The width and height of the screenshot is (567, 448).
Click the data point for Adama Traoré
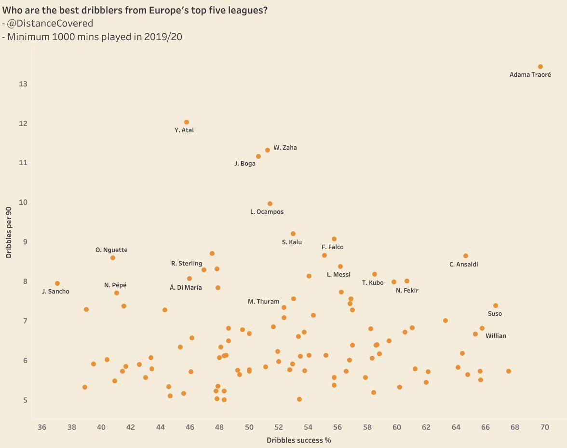pos(540,67)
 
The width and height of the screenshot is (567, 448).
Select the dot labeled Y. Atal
pos(187,122)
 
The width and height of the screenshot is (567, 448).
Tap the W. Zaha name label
pos(285,148)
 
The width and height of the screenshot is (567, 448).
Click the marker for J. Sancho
pos(57,283)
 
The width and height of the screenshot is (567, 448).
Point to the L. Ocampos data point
pos(270,204)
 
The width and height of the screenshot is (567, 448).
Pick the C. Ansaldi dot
pos(465,256)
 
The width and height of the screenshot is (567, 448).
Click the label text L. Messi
pos(338,275)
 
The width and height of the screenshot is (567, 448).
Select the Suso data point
pos(495,306)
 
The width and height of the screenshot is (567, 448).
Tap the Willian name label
pos(496,336)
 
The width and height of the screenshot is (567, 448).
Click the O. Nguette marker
pos(113,258)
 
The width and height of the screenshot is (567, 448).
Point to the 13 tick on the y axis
pos(23,84)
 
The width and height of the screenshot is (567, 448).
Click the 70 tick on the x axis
pos(544,427)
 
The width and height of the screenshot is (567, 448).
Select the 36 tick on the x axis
pos(42,427)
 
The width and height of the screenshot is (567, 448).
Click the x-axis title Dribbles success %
pos(298,440)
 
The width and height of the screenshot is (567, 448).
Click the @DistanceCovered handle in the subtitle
pos(50,23)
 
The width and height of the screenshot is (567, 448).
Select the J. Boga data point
pos(258,156)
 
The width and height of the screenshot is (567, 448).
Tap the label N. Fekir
pos(407,291)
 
